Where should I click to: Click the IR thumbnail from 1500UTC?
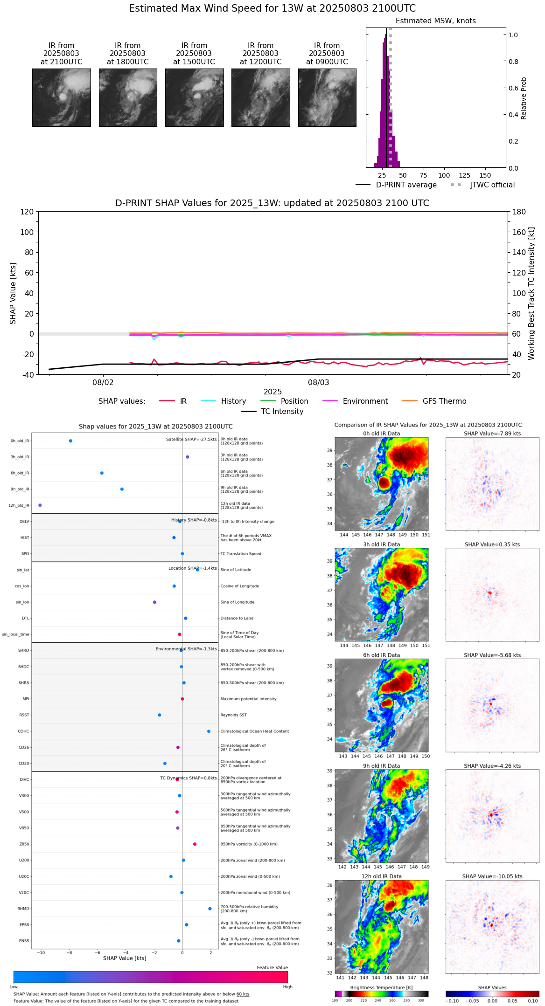194,97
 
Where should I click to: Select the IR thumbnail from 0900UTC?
327,97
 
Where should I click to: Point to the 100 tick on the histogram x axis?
444,175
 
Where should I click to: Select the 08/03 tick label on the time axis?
319,383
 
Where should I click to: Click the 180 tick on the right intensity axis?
519,212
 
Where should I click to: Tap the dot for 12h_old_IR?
40,505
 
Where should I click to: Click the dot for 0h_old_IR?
70,441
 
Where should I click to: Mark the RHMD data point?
210,909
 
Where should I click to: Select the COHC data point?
209,731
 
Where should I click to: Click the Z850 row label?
24,844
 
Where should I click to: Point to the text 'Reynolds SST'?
233,715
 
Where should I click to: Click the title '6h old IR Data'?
381,655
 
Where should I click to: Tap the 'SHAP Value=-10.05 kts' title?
492,876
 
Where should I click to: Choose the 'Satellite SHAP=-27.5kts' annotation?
191,440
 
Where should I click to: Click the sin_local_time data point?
180,634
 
